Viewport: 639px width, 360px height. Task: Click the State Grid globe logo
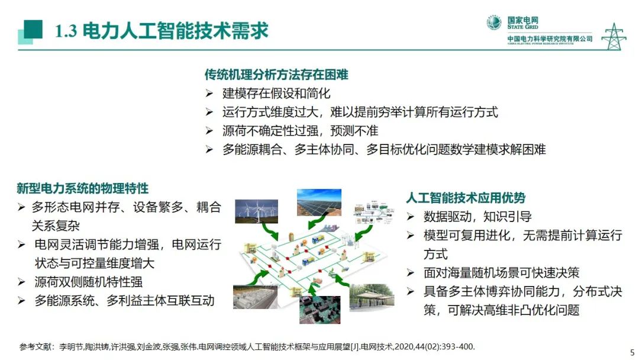tap(494, 22)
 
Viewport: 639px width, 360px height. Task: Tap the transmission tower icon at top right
tap(613, 36)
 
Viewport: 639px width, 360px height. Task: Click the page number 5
tap(631, 351)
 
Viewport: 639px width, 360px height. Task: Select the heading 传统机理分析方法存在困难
tap(276, 75)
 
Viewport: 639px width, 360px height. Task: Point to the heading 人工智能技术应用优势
tap(466, 198)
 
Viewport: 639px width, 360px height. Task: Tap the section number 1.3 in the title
tap(66, 31)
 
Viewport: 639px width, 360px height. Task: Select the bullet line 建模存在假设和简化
tap(276, 93)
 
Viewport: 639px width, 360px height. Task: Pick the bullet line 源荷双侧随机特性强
tap(88, 282)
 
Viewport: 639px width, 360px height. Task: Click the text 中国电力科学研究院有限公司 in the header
tap(550, 39)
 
